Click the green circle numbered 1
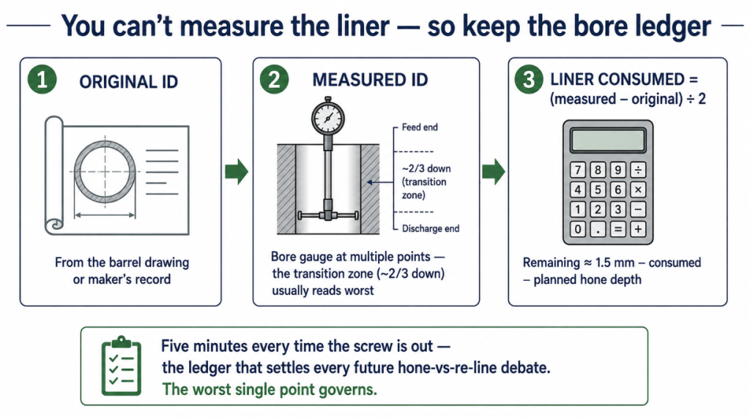42,79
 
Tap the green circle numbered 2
274,79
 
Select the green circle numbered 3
529,79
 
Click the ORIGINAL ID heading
129,82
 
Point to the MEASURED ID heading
370,80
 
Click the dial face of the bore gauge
328,118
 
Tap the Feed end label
420,127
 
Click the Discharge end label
431,228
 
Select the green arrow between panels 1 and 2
237,171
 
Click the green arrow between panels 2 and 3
494,171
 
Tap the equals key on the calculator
618,229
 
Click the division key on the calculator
638,170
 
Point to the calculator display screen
607,140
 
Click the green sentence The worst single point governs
270,389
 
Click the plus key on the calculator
638,229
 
